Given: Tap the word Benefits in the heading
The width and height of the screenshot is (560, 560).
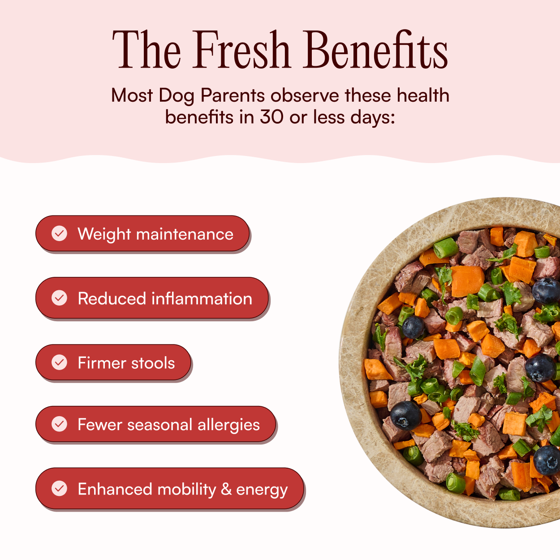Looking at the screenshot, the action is click(376, 49).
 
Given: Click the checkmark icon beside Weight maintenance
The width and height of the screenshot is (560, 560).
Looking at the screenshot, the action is click(59, 233).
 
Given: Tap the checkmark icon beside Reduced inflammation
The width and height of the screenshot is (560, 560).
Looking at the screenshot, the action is click(59, 298).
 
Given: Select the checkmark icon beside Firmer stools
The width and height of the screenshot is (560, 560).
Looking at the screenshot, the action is click(59, 362).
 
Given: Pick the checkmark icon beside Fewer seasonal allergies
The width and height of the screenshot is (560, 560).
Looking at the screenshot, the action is click(59, 424).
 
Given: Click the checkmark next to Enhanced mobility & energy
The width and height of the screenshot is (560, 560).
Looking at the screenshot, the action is click(59, 488).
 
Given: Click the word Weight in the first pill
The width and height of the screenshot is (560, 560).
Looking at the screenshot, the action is click(104, 234).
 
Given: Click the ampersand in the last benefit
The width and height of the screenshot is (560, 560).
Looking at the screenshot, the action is click(226, 489).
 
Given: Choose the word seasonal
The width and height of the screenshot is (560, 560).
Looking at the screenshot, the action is click(159, 425).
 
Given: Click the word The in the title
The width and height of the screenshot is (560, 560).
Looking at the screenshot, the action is click(146, 49).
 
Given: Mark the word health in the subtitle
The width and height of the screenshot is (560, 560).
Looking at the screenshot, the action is click(423, 95).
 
